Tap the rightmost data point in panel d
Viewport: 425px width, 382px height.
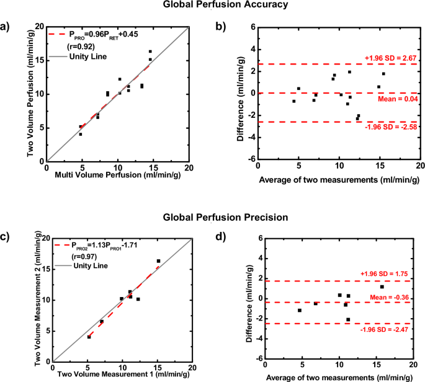(x=382, y=286)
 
